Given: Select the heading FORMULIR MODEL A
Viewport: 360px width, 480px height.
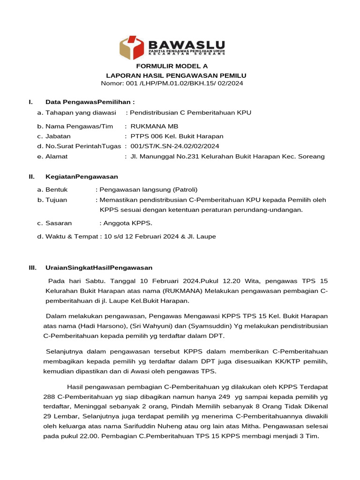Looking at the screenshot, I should (172, 66).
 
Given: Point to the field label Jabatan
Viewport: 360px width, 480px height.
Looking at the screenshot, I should (58, 136).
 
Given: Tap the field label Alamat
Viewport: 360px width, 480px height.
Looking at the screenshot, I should (56, 156).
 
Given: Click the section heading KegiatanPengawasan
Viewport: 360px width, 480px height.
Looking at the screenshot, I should (82, 177).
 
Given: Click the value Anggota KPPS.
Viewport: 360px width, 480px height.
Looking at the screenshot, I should (126, 223).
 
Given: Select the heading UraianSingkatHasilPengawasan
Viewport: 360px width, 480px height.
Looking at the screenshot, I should (99, 268).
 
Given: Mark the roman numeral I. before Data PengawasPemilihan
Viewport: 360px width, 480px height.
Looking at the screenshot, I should (30, 102).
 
